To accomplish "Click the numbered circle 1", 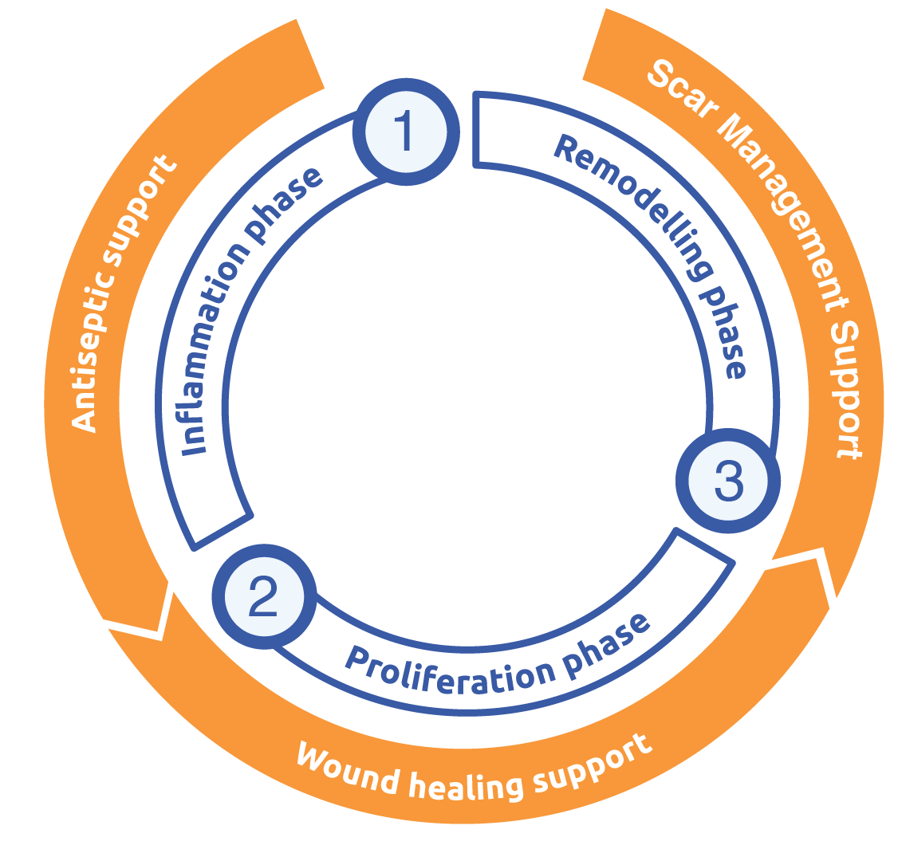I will coord(406,131).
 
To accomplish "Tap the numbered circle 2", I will coord(263,597).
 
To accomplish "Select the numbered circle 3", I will coord(727,481).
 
